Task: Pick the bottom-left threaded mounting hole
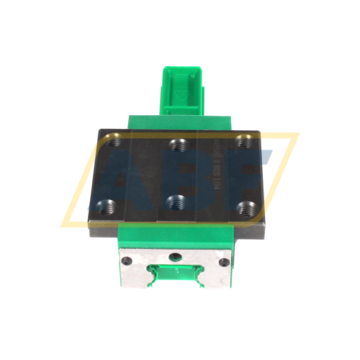[109, 205]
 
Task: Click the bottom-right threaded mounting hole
[246, 209]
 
